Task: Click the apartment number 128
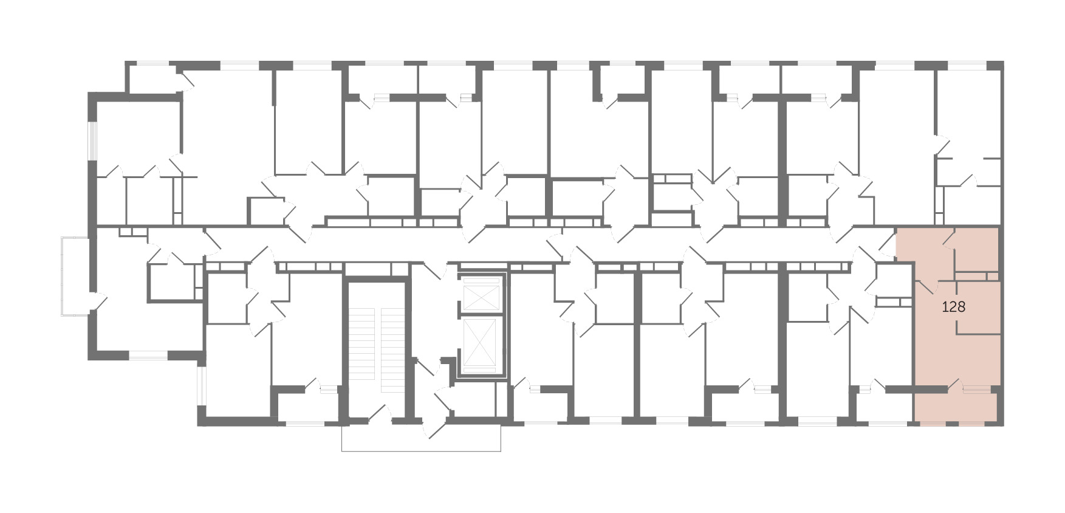point(953,307)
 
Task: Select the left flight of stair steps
point(364,350)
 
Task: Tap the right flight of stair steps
point(392,350)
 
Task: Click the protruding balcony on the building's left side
point(75,277)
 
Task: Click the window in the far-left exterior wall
point(92,141)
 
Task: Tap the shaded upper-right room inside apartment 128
point(978,250)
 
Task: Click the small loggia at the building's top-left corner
point(154,80)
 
